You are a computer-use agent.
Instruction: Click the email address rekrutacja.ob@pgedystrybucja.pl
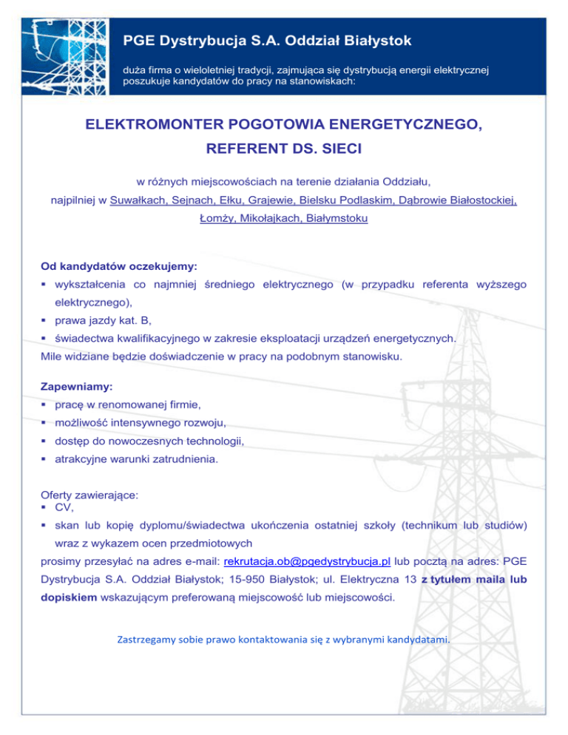click(307, 561)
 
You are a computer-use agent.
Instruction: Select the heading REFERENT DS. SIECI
click(284, 149)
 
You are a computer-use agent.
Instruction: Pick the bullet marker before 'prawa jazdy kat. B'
click(46, 321)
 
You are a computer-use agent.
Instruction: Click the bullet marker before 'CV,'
click(46, 508)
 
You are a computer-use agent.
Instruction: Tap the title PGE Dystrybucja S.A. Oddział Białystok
click(267, 39)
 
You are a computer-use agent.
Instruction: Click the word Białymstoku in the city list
click(337, 219)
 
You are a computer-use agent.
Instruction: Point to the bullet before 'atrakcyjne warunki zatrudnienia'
click(46, 459)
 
